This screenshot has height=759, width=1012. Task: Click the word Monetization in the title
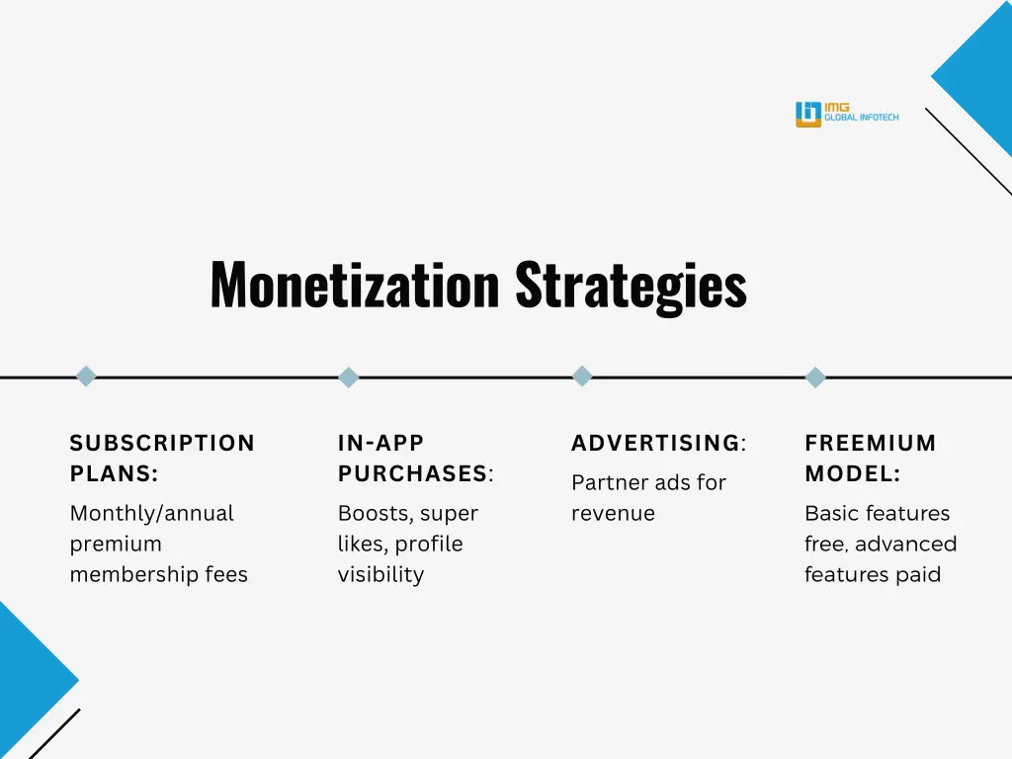pos(355,285)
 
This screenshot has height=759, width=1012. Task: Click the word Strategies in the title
pos(631,285)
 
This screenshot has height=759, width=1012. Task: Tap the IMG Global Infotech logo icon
pos(808,115)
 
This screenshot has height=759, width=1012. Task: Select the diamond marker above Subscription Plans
pos(86,377)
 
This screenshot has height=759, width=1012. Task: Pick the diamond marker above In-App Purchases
pos(348,377)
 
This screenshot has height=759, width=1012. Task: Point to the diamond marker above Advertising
pos(582,377)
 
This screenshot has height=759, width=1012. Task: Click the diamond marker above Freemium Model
pos(815,377)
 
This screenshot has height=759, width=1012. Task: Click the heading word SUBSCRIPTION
pos(162,444)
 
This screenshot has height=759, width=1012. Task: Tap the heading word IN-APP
pos(380,444)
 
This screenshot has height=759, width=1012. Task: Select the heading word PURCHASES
pos(413,474)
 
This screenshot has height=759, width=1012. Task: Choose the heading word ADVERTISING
pos(655,444)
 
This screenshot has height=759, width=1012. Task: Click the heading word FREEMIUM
pos(870,444)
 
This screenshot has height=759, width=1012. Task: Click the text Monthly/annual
pos(151,514)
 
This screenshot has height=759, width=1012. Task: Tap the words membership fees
pos(158,575)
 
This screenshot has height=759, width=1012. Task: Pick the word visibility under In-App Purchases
pos(380,575)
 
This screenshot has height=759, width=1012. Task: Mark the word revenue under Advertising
pos(613,514)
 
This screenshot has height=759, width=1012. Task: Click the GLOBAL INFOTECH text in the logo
pos(862,119)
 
